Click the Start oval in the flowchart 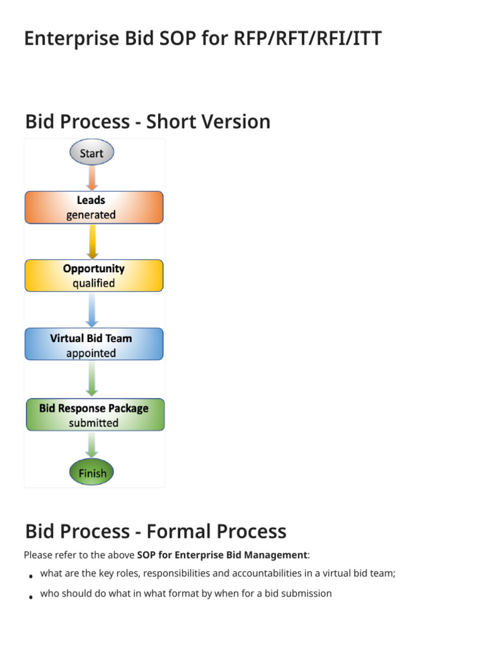tap(91, 153)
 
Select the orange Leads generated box tap(94, 208)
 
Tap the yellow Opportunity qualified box tap(94, 276)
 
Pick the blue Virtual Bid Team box tap(94, 345)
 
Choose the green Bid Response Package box tap(95, 415)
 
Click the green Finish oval tap(92, 472)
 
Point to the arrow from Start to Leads tap(92, 178)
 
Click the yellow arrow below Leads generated tap(93, 241)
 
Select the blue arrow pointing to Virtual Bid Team tap(93, 309)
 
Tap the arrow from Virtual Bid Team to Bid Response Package tap(93, 379)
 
